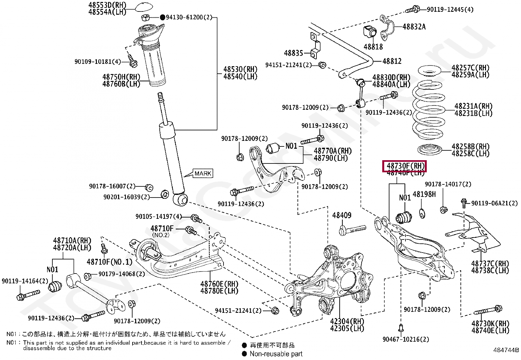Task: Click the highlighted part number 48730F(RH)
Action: [x=405, y=166]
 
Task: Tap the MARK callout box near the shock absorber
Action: [x=203, y=173]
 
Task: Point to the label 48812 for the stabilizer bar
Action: [x=392, y=61]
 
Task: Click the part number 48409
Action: [x=342, y=215]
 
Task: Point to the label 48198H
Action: [x=424, y=194]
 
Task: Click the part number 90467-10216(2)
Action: [x=406, y=340]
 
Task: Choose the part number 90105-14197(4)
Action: [x=158, y=217]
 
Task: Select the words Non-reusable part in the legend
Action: [x=276, y=354]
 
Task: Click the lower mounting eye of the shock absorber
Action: [x=180, y=199]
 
